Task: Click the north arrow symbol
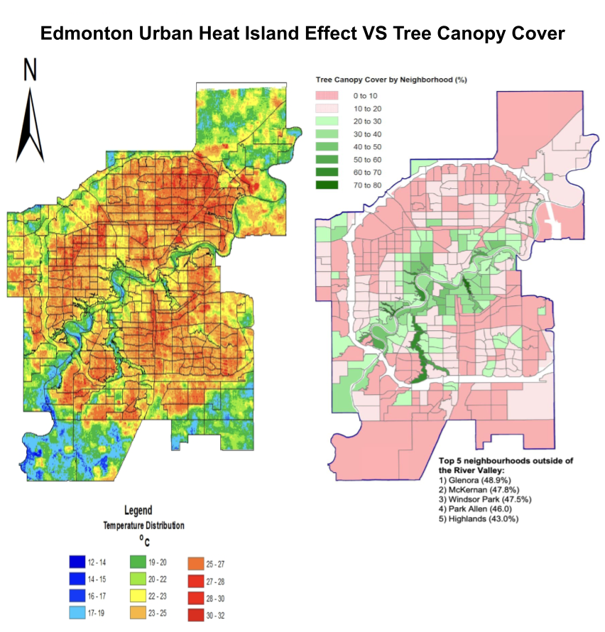(30, 124)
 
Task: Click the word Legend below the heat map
(138, 510)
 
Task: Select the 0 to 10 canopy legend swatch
(332, 95)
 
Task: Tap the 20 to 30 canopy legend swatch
(332, 121)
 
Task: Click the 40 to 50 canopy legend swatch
(332, 147)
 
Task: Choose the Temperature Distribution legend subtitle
(144, 525)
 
